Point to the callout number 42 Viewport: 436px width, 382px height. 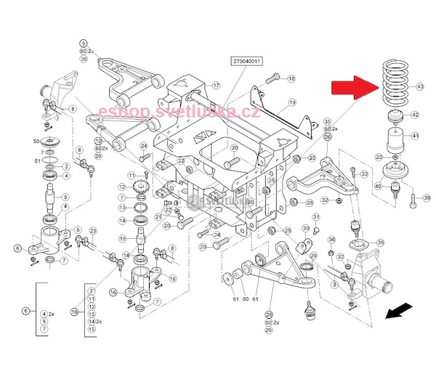pos(416,115)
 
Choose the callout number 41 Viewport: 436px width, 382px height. pos(416,136)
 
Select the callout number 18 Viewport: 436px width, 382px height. pos(291,78)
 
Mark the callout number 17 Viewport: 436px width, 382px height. pos(216,86)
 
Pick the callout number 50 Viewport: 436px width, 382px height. pos(36,139)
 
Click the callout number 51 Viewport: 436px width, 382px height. pos(36,161)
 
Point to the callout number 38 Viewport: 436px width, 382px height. pos(416,198)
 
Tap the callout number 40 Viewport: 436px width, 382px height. pos(379,186)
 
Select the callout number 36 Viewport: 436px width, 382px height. pos(331,240)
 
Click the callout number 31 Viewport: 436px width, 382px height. pos(316,216)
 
